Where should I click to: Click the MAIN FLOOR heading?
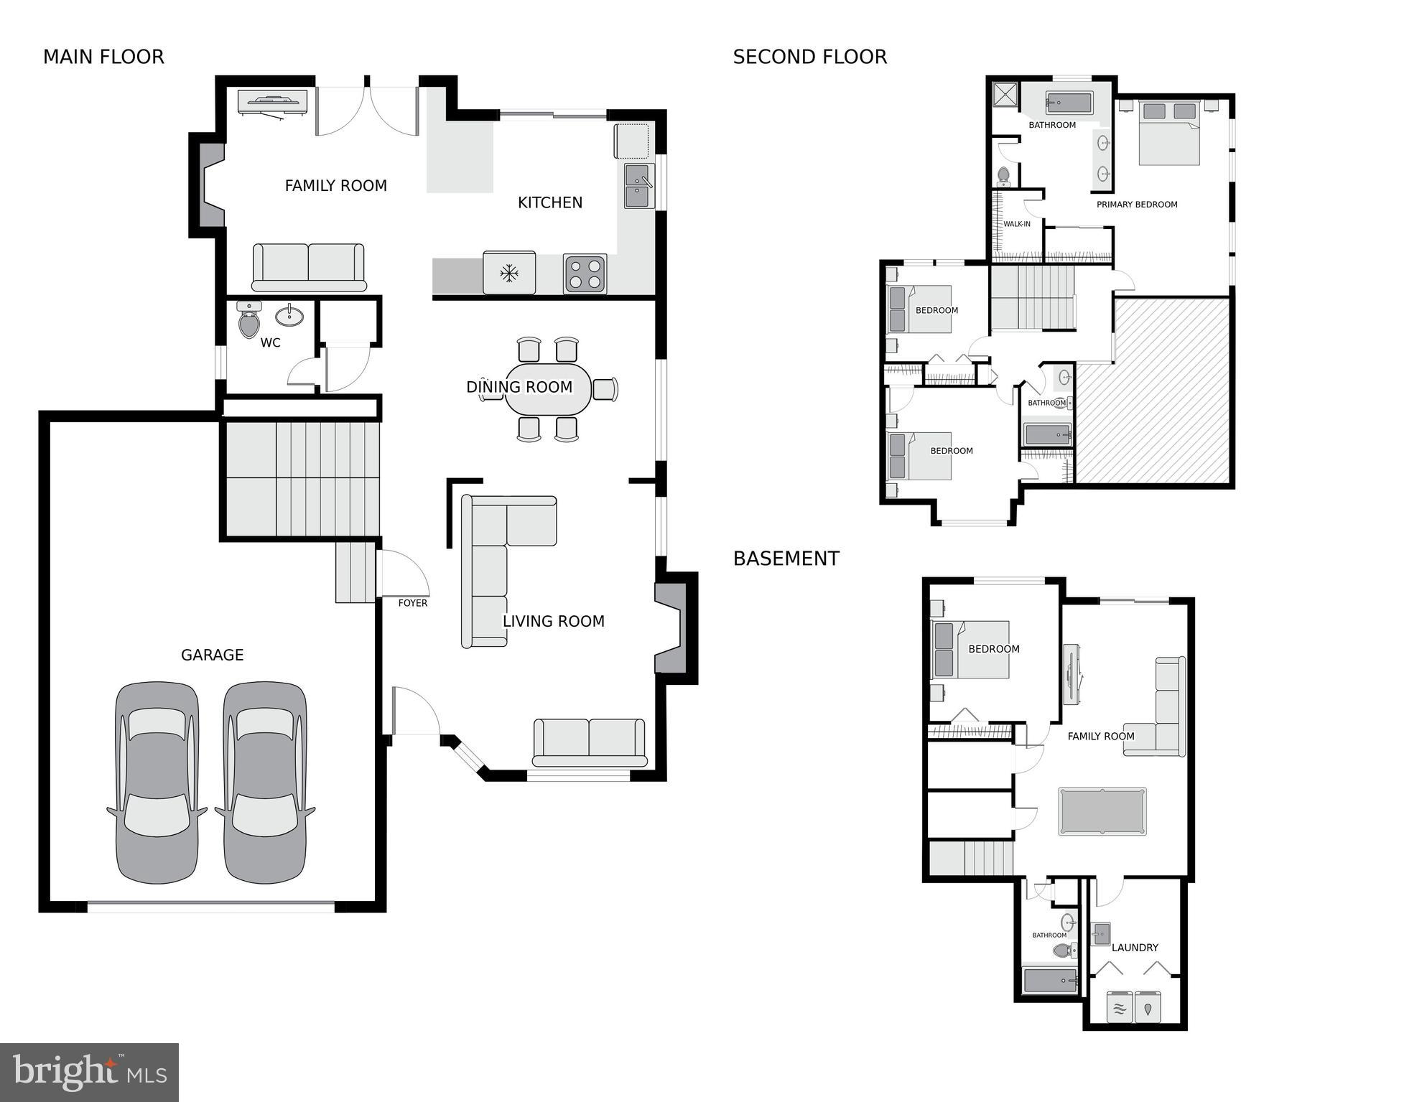(x=103, y=57)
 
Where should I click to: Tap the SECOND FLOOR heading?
(x=809, y=57)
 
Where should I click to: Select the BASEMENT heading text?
(x=786, y=559)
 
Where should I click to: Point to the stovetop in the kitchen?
(x=584, y=274)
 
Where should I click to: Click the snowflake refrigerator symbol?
(x=509, y=273)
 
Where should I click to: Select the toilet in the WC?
(x=249, y=320)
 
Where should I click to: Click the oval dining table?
(x=547, y=389)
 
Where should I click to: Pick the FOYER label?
(x=413, y=603)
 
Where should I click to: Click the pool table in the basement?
(x=1102, y=811)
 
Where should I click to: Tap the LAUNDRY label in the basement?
(x=1135, y=948)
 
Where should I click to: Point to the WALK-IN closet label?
(x=1016, y=224)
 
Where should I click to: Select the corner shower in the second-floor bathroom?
(x=1005, y=95)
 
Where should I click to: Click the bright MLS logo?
(x=90, y=1073)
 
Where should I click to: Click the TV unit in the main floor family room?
(x=272, y=102)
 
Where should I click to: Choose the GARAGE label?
(x=212, y=655)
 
